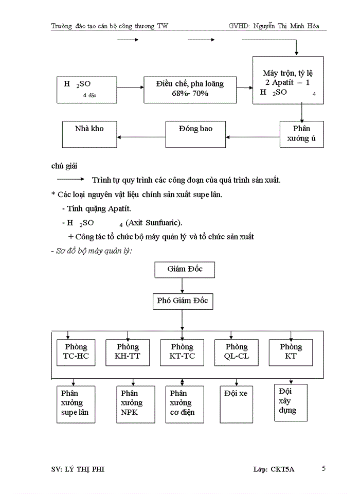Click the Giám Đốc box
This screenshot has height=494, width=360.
pyautogui.click(x=185, y=270)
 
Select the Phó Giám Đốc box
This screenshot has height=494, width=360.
pyautogui.click(x=183, y=301)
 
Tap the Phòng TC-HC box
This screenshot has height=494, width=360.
pyautogui.click(x=76, y=352)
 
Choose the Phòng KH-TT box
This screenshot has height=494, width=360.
pyautogui.click(x=128, y=352)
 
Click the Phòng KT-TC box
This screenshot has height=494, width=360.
pyautogui.click(x=182, y=352)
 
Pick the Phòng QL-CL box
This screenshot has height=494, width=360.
pyautogui.click(x=237, y=352)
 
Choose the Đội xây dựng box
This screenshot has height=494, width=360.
pyautogui.click(x=291, y=401)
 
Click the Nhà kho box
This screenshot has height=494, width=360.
pyautogui.click(x=89, y=133)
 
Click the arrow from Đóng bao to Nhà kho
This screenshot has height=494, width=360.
pyautogui.click(x=141, y=137)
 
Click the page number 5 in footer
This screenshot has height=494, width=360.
pyautogui.click(x=323, y=468)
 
